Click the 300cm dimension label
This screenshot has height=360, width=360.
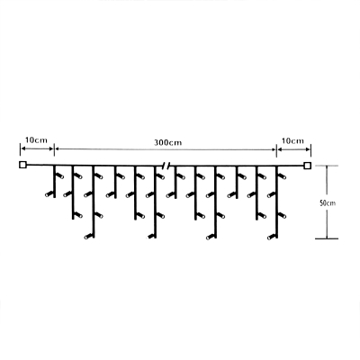pos(168,142)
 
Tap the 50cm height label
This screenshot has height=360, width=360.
pos(328,203)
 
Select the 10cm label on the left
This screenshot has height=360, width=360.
pos(36,140)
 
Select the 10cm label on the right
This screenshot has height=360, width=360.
pos(292,140)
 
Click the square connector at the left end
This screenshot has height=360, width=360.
pos(22,165)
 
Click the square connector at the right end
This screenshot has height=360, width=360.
pos(308,166)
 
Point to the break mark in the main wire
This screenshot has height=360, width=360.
pos(166,165)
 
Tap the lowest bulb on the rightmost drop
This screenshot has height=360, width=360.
pos(271,238)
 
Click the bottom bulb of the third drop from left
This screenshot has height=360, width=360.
pos(88,237)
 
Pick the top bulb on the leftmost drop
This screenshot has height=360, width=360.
pos(60,175)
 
